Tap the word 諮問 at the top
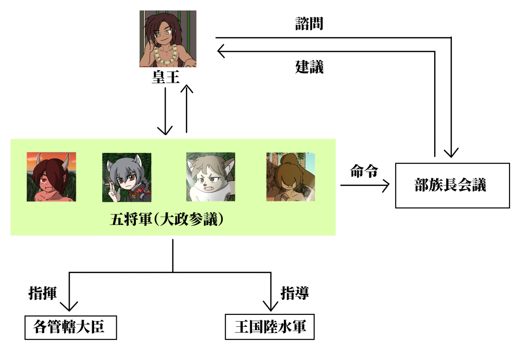pos(309,24)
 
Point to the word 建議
pos(309,67)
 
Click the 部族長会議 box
pos(452,186)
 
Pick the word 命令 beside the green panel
pos(364,171)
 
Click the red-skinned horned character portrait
pos(51,176)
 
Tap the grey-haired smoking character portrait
pos(127,177)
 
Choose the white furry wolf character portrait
pos(210,176)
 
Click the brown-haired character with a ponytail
pos(291,176)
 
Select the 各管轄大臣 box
pos(70,328)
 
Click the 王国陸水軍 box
pos(270,328)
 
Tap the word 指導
pos(294,293)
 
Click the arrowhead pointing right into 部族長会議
pos(386,186)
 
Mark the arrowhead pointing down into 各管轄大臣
pos(70,306)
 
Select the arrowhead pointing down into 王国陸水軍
pos(270,306)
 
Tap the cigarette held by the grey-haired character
pos(108,185)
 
